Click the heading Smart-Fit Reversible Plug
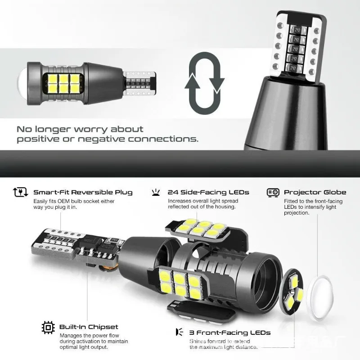[x=83, y=192]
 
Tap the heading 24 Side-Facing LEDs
[x=208, y=192]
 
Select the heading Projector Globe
[x=315, y=192]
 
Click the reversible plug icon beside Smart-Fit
[x=18, y=192]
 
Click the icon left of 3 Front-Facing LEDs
[x=179, y=333]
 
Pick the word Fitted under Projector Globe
[x=291, y=201]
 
